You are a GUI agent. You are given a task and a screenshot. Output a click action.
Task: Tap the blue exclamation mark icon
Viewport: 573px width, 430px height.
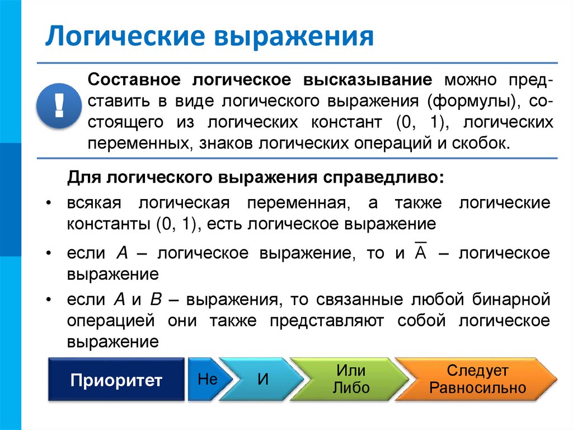click(x=59, y=106)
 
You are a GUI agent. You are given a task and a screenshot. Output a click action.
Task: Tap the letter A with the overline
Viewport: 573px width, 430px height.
click(x=421, y=253)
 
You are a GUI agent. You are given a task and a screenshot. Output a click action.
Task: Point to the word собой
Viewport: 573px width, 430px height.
click(x=420, y=321)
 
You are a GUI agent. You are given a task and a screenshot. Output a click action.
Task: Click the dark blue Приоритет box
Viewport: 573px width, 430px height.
click(x=116, y=380)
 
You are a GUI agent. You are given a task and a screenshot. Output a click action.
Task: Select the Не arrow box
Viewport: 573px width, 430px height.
click(x=207, y=379)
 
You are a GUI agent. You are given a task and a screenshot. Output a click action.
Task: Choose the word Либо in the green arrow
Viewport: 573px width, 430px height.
click(x=351, y=388)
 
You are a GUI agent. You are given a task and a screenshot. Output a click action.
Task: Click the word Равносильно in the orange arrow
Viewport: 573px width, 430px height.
click(x=478, y=388)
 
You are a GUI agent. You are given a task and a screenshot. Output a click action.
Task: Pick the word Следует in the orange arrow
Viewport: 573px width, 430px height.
click(x=477, y=371)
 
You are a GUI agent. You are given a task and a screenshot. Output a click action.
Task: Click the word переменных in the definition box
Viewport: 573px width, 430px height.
click(x=136, y=143)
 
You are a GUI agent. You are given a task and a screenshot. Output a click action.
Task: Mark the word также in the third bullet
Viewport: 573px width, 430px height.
click(x=233, y=321)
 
